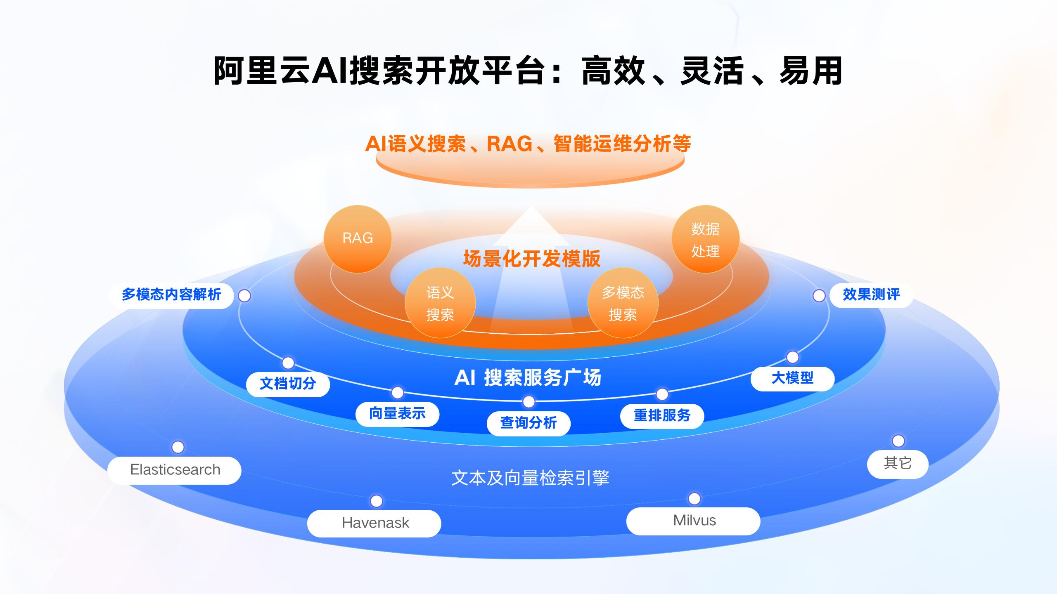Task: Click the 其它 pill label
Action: [x=898, y=464]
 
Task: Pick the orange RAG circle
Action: [x=358, y=238]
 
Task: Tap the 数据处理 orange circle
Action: [x=705, y=239]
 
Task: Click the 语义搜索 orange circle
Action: [x=440, y=303]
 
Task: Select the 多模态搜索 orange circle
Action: [x=623, y=303]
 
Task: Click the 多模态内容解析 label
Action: [x=171, y=295]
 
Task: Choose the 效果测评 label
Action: [x=871, y=295]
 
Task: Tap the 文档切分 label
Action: [x=288, y=384]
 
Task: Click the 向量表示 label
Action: [x=397, y=414]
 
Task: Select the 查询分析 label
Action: [x=528, y=423]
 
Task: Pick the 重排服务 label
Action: [x=662, y=416]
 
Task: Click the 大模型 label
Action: [x=792, y=378]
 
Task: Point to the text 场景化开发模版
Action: [x=531, y=259]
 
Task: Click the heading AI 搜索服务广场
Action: [x=528, y=378]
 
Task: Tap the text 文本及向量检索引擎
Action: [x=530, y=478]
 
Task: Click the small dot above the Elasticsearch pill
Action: [x=178, y=447]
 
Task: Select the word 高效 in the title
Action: [x=613, y=71]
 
